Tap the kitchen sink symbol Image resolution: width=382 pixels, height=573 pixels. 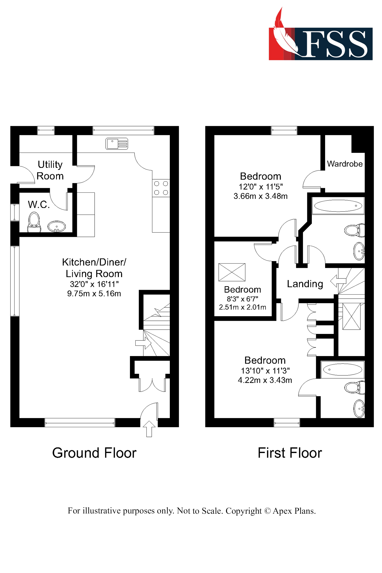pos(117,143)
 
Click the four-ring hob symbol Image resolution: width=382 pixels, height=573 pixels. pos(161,188)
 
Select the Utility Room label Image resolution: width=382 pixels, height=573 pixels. pos(50,170)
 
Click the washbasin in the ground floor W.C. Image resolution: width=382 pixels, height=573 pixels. pos(57,226)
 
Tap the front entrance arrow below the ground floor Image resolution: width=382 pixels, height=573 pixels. pos(149,429)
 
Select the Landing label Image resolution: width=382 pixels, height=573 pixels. pos(305,284)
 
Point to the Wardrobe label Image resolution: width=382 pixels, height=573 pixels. pos(345,164)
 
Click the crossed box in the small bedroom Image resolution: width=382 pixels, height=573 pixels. pos(232,272)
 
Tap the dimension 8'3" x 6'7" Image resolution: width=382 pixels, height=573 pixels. pos(242,299)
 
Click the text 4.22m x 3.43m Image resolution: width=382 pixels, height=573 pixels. pos(265,380)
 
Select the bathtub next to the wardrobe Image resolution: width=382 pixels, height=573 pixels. pos(338,206)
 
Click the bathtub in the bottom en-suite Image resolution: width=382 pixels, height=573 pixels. pos(342,370)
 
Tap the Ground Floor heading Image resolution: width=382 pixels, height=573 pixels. pos(94,453)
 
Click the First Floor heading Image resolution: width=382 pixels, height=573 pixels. pos(290,453)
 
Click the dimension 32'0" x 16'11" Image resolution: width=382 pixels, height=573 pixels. pos(94,284)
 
